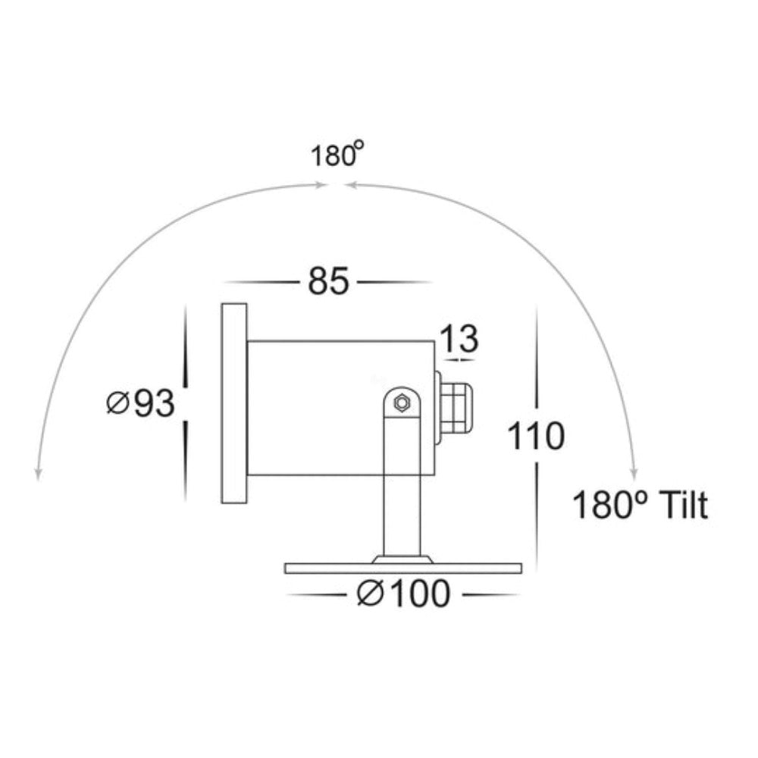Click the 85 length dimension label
(328, 281)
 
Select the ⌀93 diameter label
(140, 404)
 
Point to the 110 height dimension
(536, 436)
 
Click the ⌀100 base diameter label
(404, 594)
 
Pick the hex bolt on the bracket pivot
(401, 402)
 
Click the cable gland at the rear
(453, 408)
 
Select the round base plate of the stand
(403, 568)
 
